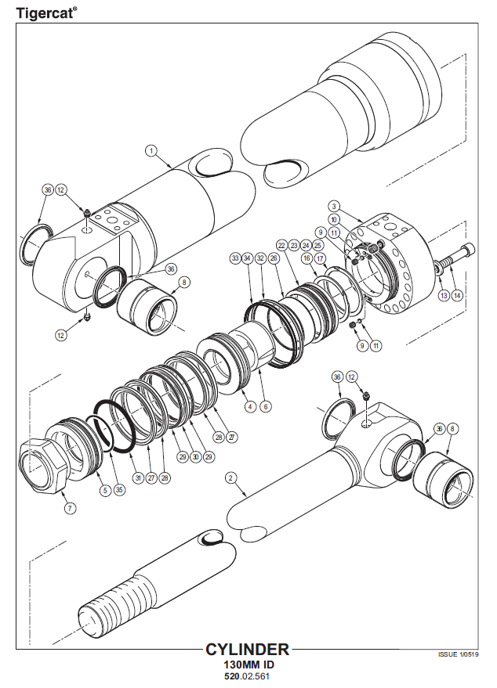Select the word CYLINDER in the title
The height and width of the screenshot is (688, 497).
click(247, 650)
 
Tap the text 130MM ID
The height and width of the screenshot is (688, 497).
click(247, 665)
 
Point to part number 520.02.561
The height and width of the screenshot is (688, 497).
click(247, 676)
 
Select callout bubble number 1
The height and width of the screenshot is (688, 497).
click(151, 149)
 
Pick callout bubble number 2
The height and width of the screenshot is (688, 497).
click(230, 477)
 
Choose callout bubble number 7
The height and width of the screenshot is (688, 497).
click(70, 508)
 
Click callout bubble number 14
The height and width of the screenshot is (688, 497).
click(458, 295)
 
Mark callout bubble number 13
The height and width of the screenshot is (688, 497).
click(443, 295)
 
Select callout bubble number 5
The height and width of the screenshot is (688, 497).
click(104, 491)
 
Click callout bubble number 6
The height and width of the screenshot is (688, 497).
click(266, 406)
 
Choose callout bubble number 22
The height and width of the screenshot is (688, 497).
click(281, 246)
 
